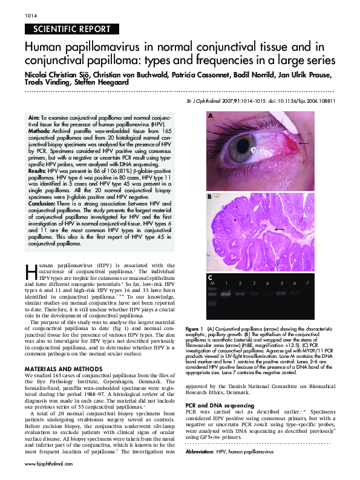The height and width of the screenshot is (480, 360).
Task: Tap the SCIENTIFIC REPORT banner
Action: tap(68, 29)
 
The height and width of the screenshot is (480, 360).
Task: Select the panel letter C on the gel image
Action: tap(210, 276)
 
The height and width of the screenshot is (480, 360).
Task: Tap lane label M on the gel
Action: tap(212, 283)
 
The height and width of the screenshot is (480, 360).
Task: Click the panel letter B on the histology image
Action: tap(210, 196)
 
